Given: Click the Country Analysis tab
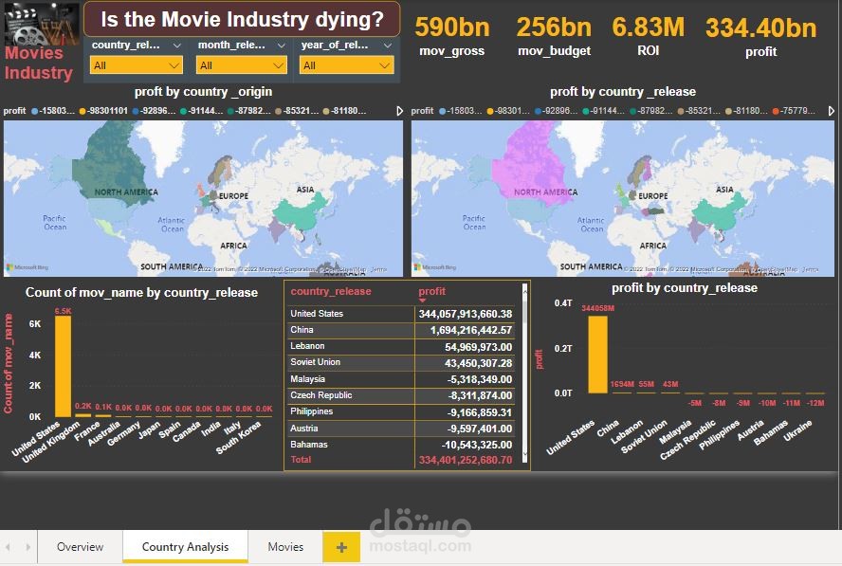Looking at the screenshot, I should (185, 547).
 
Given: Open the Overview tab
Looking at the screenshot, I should (80, 547).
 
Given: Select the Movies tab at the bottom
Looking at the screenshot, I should (285, 547).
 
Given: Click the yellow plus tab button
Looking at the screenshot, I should (341, 547).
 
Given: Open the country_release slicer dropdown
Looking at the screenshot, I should (137, 65).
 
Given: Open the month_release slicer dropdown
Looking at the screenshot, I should (241, 65).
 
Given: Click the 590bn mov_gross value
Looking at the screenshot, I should (451, 27).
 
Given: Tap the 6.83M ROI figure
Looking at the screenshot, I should (649, 27).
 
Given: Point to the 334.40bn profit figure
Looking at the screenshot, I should (760, 27).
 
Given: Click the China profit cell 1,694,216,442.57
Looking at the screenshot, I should (465, 330).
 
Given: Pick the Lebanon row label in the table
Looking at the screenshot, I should (307, 346).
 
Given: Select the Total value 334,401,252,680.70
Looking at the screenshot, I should (465, 460).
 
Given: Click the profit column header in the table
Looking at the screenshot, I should (431, 291).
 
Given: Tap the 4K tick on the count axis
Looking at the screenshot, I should (35, 355).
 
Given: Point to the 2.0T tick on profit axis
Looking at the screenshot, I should (563, 348).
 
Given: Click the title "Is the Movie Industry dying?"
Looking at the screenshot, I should (242, 19).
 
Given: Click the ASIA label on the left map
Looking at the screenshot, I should (305, 190).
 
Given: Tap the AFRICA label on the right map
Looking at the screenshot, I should (641, 246).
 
